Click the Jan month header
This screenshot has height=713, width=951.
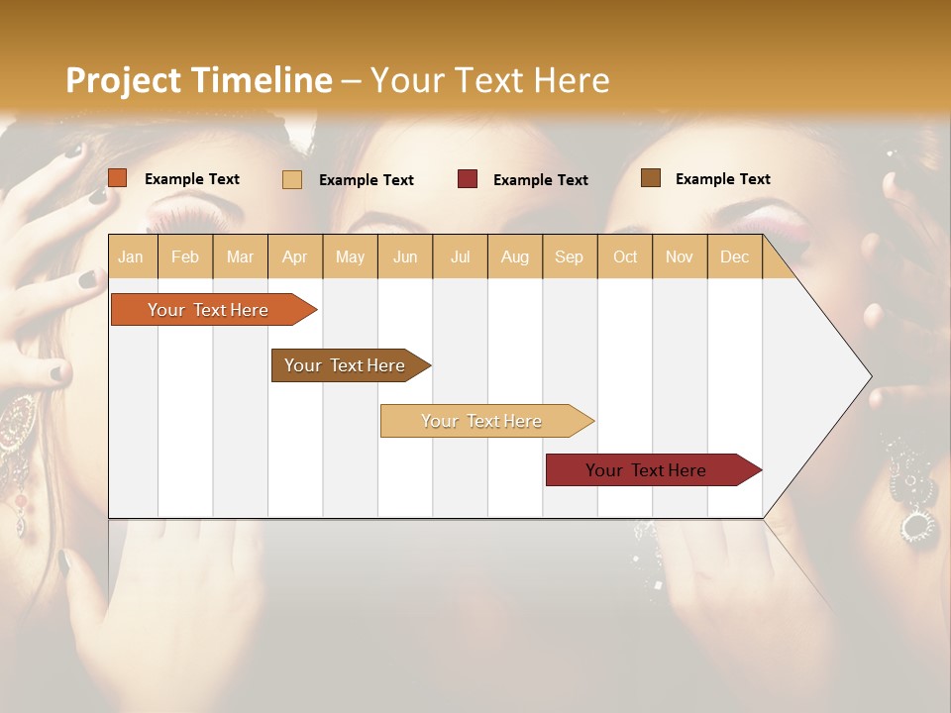pos(132,256)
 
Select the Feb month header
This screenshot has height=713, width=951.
pos(185,256)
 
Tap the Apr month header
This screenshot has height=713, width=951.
pos(295,256)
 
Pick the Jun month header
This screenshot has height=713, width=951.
pos(405,256)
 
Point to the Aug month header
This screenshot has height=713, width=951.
pos(515,256)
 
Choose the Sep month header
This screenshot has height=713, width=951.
pos(570,256)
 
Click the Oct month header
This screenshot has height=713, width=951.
pos(625,256)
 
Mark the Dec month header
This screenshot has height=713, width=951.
pos(735,256)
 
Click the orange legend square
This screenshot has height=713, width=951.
pos(118,178)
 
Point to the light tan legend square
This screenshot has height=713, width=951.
pos(292,179)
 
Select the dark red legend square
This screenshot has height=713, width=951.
pos(468,179)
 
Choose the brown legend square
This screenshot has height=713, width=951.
pos(651,178)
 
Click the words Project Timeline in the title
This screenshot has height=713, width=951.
pos(198,80)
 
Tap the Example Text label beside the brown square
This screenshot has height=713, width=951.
pos(722,179)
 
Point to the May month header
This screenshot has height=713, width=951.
pos(350,256)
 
